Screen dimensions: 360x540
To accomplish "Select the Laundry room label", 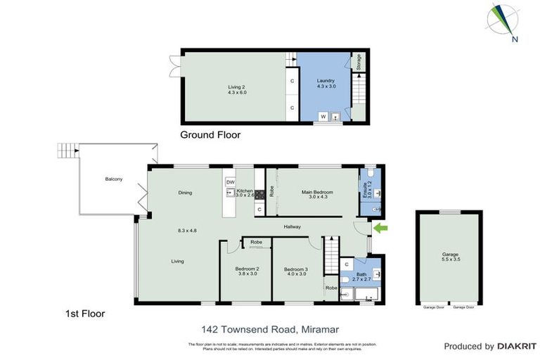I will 325,84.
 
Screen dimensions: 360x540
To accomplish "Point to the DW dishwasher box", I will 230,182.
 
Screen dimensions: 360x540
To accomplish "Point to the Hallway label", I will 292,226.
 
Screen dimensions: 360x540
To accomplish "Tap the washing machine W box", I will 323,116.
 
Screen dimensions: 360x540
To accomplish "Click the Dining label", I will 185,192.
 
